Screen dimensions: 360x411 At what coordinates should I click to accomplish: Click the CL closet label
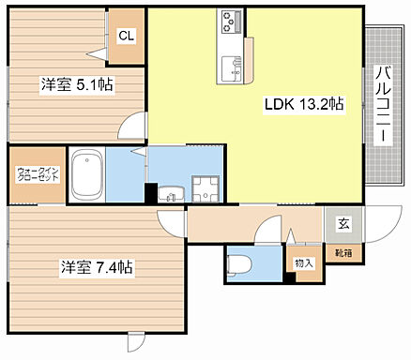click(x=125, y=37)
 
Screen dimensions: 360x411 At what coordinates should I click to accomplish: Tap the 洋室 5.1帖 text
click(x=77, y=84)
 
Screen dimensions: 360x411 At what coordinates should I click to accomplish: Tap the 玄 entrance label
click(x=343, y=224)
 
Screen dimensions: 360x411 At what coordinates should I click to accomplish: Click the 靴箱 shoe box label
click(x=343, y=252)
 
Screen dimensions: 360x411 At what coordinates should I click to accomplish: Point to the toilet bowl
click(x=238, y=263)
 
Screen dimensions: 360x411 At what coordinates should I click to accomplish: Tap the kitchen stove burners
click(x=232, y=20)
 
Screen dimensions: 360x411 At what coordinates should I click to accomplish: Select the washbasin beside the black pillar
click(x=170, y=194)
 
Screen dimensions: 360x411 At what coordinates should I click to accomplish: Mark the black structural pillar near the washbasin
click(x=150, y=193)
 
